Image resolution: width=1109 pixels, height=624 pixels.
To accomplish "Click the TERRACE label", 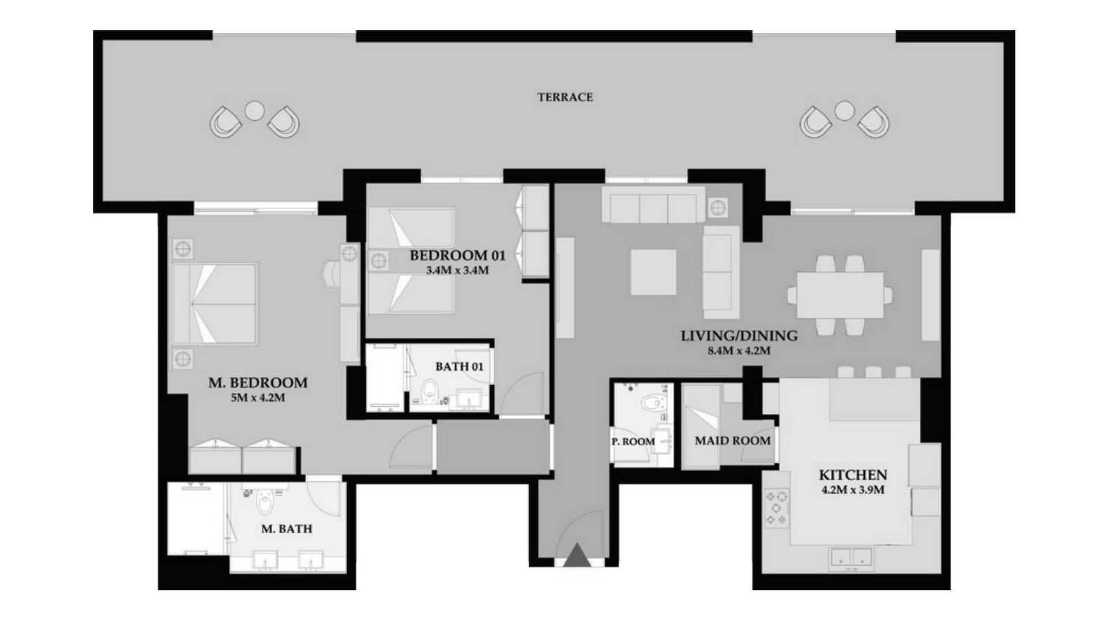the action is coord(565,97).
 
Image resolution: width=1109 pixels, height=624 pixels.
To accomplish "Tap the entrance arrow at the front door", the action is coord(577,555).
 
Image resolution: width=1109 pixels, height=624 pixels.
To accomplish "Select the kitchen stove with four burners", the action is coord(777,508).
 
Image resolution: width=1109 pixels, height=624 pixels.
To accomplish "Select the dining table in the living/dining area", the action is coord(840,295).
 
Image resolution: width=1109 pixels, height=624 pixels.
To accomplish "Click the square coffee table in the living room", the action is coord(653,272).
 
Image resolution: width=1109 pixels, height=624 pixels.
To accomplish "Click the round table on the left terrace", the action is coord(255,111).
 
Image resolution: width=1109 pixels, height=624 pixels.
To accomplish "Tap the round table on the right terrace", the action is coord(844,111).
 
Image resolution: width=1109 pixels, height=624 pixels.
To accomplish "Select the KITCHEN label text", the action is coord(853,475).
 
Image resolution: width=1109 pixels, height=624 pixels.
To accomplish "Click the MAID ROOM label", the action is coord(732,441).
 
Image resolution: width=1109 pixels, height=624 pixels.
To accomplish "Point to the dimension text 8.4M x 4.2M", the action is coord(739,351).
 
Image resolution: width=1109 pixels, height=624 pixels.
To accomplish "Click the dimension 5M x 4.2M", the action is coord(258,398).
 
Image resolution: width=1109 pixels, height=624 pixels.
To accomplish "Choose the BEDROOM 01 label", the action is coord(457,255).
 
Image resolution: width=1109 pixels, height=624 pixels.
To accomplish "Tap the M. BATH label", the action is coord(286,529).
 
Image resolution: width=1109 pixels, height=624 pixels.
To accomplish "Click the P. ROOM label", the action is coord(633,441).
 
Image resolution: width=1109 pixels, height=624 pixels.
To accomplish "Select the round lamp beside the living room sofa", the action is coord(718,207).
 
